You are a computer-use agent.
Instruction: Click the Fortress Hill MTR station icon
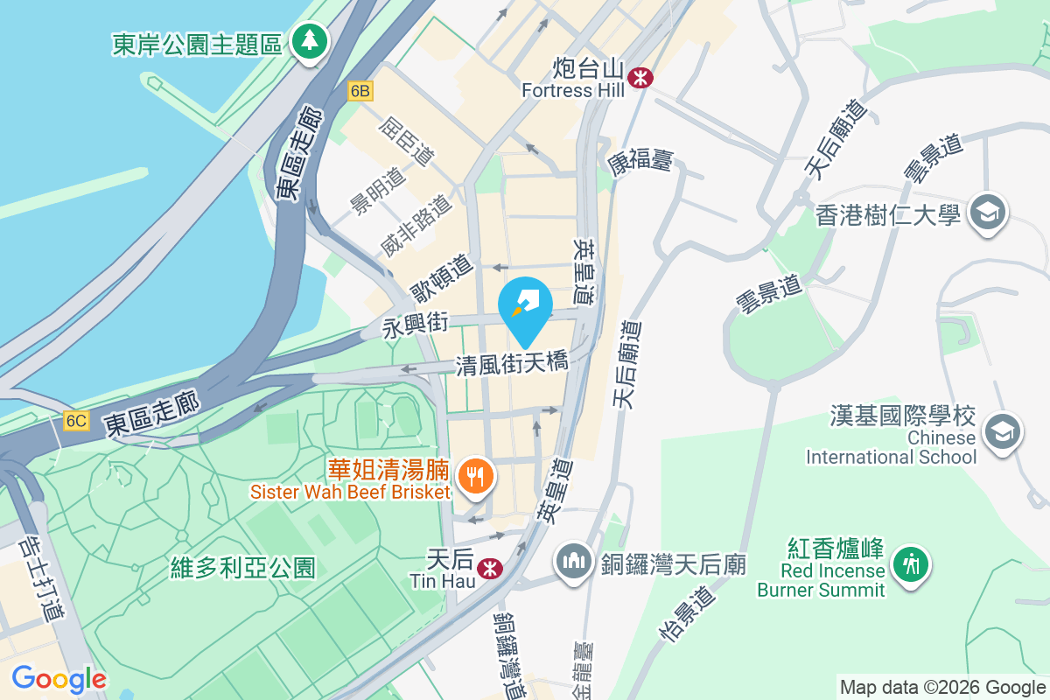[641, 77]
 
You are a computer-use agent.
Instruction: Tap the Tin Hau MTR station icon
[490, 568]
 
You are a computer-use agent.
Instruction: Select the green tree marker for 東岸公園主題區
[308, 41]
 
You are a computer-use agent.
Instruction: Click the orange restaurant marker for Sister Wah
[476, 477]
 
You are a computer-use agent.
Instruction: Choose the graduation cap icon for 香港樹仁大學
[989, 213]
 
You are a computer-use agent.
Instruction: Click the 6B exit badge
[360, 91]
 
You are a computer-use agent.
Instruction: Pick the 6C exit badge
[76, 421]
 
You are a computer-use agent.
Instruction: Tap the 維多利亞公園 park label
[243, 568]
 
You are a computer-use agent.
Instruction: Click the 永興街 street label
[416, 325]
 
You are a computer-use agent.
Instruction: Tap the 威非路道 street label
[416, 227]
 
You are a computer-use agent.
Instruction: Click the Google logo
[59, 679]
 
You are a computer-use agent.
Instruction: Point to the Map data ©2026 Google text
[942, 687]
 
